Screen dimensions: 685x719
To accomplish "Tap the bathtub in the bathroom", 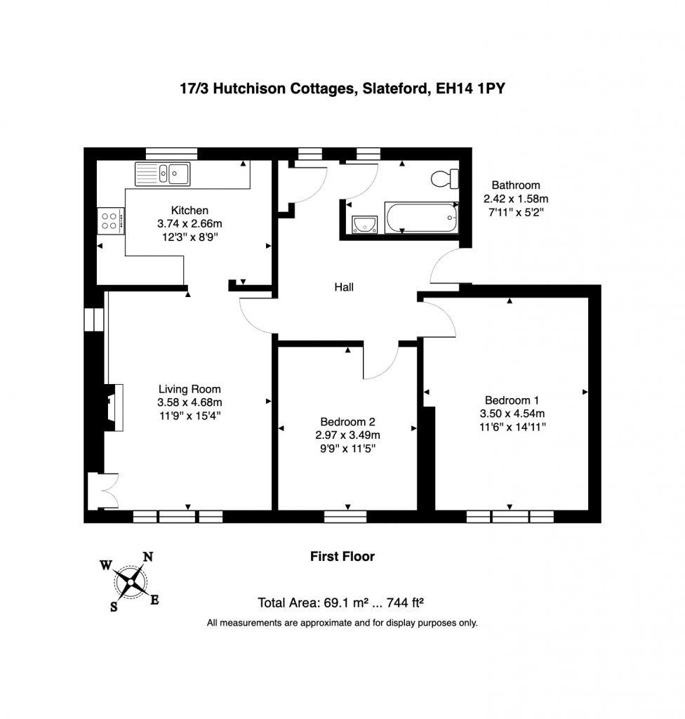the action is (421, 217).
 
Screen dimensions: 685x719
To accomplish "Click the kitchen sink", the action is (163, 173).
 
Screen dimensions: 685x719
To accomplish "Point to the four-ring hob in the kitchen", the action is (109, 221).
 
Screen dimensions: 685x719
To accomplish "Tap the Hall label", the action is (344, 287).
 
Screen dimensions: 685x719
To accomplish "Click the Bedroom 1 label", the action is (510, 400).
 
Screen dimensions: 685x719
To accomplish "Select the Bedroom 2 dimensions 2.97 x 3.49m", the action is (348, 435).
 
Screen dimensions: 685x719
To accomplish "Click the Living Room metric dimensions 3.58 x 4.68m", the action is (189, 402).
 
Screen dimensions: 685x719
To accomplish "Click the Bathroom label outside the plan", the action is (516, 185).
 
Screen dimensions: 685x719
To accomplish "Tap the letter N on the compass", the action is (148, 557).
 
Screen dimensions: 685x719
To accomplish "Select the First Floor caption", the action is (342, 557).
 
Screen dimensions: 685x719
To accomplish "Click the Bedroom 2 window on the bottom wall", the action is (345, 517).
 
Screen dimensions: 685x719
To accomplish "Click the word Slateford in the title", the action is (394, 89).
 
